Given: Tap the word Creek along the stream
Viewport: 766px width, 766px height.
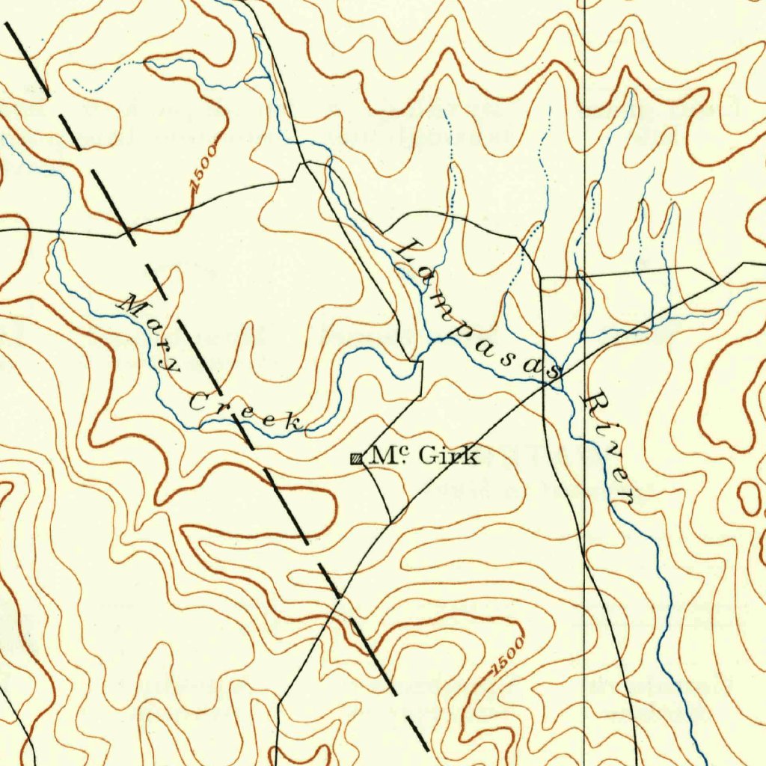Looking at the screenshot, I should [x=247, y=412].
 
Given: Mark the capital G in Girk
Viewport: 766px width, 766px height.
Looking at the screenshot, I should [x=428, y=455].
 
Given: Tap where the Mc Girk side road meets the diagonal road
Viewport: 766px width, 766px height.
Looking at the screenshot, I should [x=390, y=521].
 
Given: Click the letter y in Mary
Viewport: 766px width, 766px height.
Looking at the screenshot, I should [x=173, y=365].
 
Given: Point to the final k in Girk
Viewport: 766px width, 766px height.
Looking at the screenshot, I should [x=472, y=456].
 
